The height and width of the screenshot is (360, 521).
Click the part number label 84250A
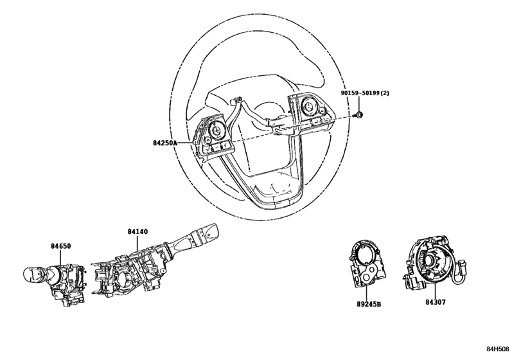click(165, 143)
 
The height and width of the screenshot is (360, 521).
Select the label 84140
click(137, 231)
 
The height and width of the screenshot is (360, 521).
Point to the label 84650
click(61, 246)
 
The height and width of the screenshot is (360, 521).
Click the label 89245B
click(369, 304)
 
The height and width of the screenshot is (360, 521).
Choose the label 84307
click(436, 302)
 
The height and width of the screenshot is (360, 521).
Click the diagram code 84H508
click(497, 348)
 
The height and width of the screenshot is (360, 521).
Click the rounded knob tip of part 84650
click(31, 274)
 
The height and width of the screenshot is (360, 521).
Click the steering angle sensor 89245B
click(367, 264)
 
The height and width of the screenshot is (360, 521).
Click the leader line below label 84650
click(60, 258)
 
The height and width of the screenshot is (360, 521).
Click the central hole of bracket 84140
click(125, 278)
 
